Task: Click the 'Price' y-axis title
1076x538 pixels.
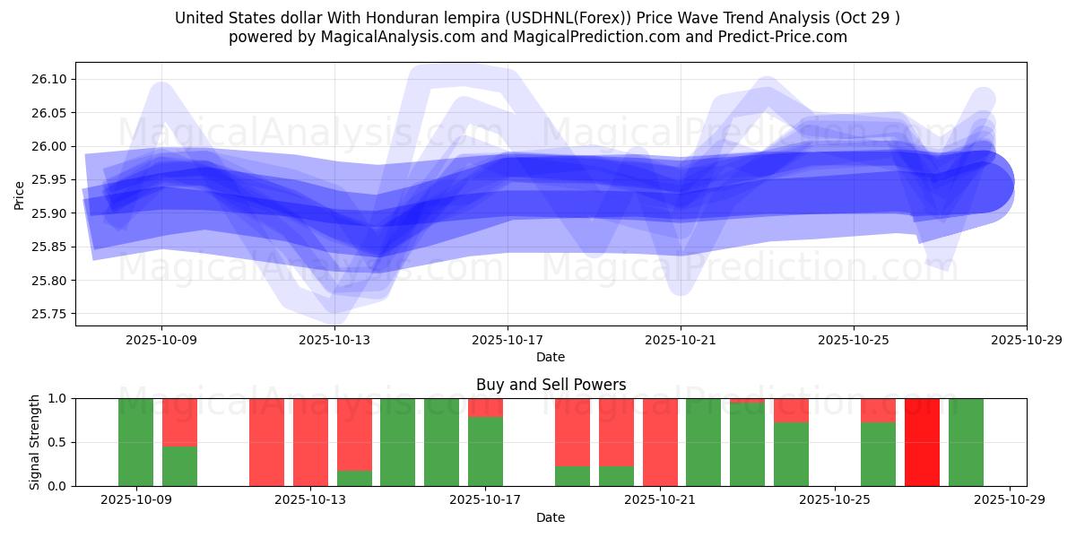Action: click(20, 194)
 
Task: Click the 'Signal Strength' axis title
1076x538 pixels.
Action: click(35, 442)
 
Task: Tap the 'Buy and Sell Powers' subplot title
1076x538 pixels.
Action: click(551, 385)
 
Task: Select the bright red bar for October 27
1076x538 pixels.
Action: click(922, 442)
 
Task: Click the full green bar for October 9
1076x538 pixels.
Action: click(135, 442)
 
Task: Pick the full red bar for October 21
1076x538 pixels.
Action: click(660, 442)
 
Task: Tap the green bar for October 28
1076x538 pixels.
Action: click(966, 442)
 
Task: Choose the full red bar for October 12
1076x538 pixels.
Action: click(266, 442)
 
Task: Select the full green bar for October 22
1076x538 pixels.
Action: click(703, 442)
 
